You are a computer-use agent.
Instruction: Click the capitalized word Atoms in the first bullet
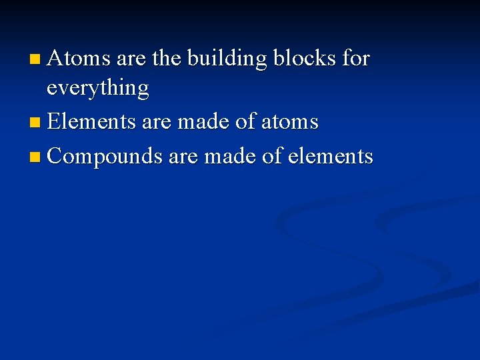(x=79, y=59)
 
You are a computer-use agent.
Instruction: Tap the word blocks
(x=305, y=59)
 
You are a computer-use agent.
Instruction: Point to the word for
(x=355, y=59)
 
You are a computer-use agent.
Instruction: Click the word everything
(x=97, y=89)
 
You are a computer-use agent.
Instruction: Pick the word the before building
(x=167, y=59)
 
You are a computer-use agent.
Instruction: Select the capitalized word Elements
(x=91, y=122)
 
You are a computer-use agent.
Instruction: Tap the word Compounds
(x=105, y=156)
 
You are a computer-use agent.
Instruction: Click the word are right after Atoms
(x=131, y=59)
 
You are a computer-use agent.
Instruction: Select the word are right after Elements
(x=156, y=122)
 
